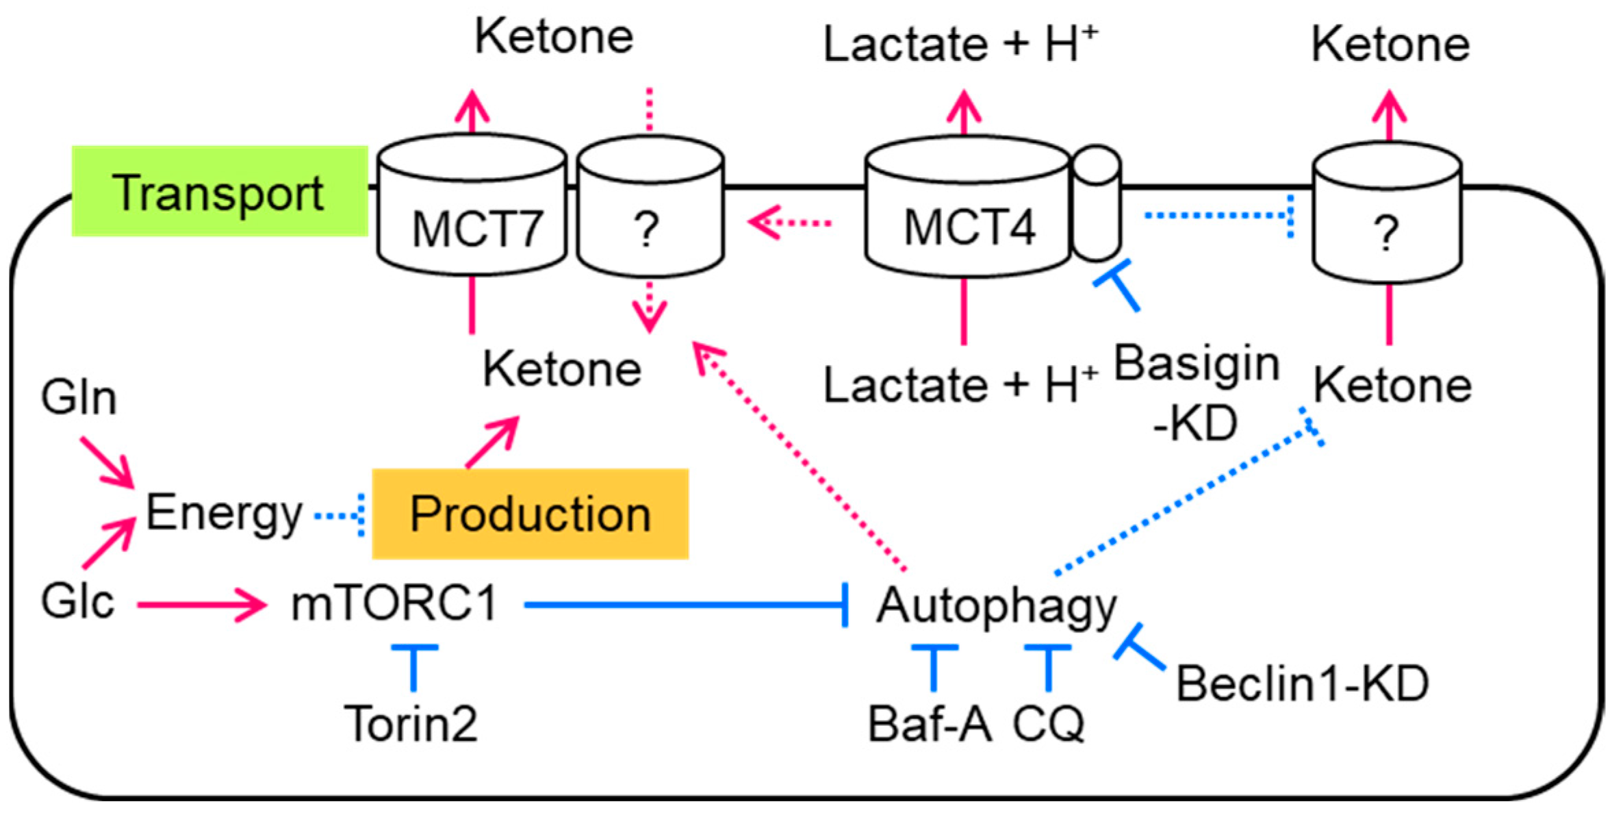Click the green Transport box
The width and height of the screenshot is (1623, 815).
click(x=219, y=192)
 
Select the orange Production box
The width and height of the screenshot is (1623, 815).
click(x=530, y=514)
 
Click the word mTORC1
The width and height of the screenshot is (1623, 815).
click(x=394, y=604)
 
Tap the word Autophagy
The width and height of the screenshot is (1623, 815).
click(x=996, y=607)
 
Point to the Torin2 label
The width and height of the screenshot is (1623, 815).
click(x=411, y=724)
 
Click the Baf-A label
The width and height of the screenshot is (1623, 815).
click(x=929, y=724)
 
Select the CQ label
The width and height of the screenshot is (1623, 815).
click(x=1048, y=724)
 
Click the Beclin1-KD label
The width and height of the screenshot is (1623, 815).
click(x=1302, y=684)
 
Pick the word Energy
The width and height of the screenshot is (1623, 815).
click(x=224, y=514)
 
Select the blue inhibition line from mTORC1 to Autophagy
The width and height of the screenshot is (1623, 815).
click(x=685, y=605)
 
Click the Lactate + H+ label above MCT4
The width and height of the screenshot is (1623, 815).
click(x=960, y=44)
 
